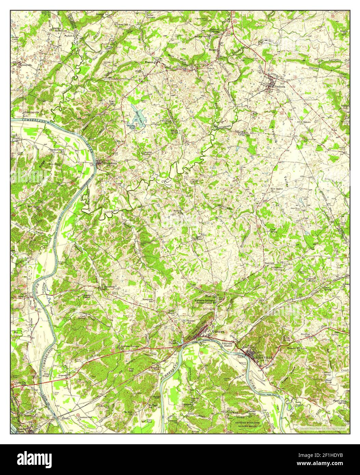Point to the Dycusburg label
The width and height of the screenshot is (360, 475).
[105, 163]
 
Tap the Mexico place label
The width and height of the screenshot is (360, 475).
[213, 49]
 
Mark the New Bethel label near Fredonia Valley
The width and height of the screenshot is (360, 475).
[277, 189]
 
